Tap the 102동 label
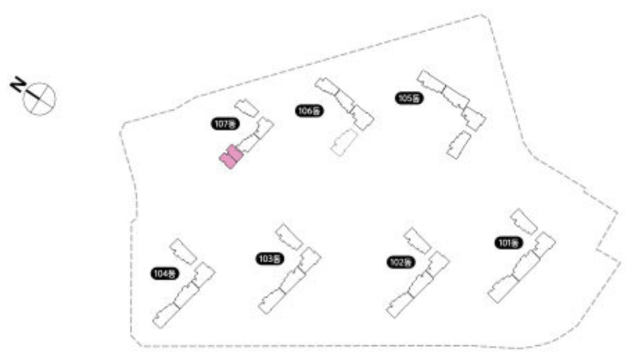pyautogui.click(x=399, y=262)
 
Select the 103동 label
pyautogui.click(x=269, y=259)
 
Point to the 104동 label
pyautogui.click(x=164, y=273)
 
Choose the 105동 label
pyautogui.click(x=408, y=98)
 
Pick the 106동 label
pyautogui.click(x=309, y=111)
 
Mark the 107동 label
pyautogui.click(x=223, y=124)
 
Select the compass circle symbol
pyautogui.click(x=40, y=98)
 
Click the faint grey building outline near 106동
pyautogui.click(x=343, y=143)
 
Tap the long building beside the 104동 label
pyautogui.click(x=183, y=294)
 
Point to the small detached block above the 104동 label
pyautogui.click(x=183, y=251)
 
